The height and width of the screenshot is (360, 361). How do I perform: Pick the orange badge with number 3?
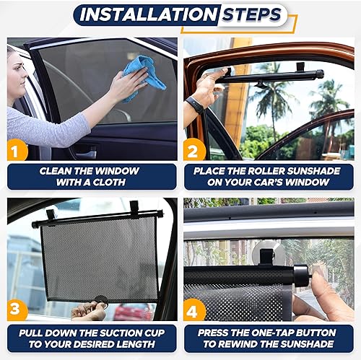(x=18, y=309)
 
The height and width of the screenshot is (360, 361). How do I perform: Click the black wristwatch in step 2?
(x=193, y=105)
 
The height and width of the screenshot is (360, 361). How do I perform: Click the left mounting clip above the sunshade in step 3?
(x=51, y=214)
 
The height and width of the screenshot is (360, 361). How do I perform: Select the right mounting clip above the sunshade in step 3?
(x=134, y=208)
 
